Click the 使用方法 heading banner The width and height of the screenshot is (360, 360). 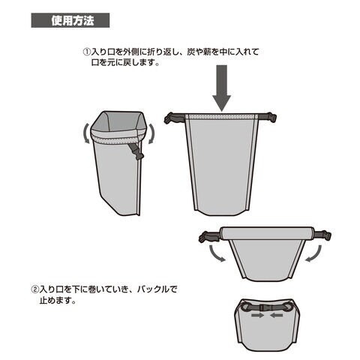tap(70, 20)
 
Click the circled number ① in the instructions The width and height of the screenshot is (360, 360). tap(86, 52)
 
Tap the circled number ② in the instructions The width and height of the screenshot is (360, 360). tap(34, 289)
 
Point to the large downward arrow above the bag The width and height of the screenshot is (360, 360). tap(221, 88)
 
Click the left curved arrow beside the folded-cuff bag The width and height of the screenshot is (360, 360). tap(85, 133)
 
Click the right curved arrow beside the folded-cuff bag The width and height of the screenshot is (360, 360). tap(151, 133)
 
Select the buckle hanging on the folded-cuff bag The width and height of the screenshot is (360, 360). tap(137, 152)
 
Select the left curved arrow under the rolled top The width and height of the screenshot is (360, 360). tap(216, 253)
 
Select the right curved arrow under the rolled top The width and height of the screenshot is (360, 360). tap(313, 253)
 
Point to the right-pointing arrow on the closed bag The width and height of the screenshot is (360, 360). tap(258, 316)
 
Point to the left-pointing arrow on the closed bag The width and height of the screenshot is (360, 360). tap(277, 316)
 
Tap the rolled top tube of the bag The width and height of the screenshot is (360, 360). tap(267, 233)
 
